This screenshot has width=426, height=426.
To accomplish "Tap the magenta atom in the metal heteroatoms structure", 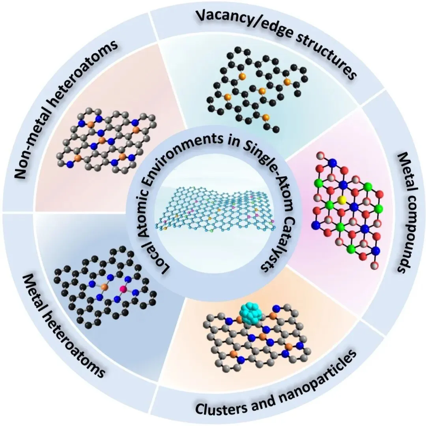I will point(123,290).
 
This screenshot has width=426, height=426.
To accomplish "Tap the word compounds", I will point(398,233).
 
